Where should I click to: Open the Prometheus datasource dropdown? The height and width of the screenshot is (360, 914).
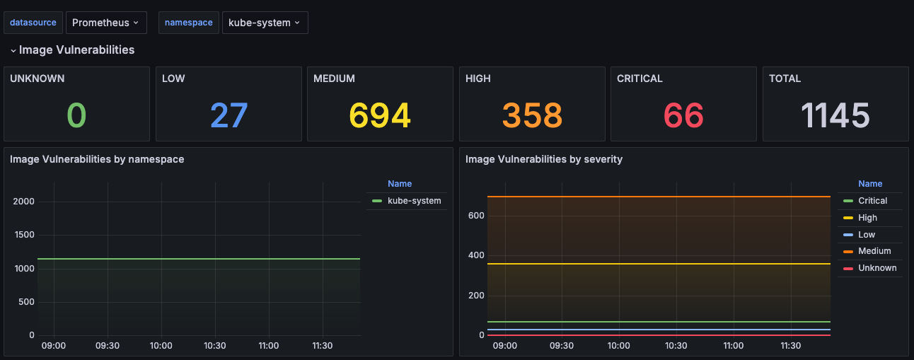click(x=106, y=23)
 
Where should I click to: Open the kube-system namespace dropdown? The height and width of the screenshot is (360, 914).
click(x=265, y=23)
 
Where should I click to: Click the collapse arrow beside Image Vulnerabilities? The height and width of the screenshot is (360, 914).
click(x=13, y=51)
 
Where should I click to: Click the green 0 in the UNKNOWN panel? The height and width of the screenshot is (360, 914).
click(x=76, y=115)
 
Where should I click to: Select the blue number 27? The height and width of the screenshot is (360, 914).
click(x=229, y=115)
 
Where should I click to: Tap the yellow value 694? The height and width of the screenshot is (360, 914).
click(x=380, y=115)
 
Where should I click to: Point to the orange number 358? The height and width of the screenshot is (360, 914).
click(x=532, y=115)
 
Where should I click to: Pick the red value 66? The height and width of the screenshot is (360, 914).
click(x=683, y=115)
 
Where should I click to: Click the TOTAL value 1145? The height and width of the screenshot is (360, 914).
click(x=835, y=115)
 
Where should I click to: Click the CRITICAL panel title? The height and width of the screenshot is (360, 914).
click(x=640, y=79)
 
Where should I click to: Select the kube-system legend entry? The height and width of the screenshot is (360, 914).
click(x=406, y=201)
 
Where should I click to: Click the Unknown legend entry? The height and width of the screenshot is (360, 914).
click(x=870, y=268)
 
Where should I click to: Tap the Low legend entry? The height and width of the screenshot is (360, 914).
click(x=859, y=235)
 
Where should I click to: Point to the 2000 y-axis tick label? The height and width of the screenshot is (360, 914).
click(x=23, y=202)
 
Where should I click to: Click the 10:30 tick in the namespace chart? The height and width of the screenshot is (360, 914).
click(x=215, y=346)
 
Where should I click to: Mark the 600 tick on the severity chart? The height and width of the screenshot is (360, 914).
click(x=476, y=216)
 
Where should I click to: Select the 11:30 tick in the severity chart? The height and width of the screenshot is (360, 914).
click(x=791, y=346)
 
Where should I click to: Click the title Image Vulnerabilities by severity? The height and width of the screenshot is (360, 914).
click(x=544, y=159)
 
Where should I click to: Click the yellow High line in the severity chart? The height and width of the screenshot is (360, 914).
click(x=659, y=264)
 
